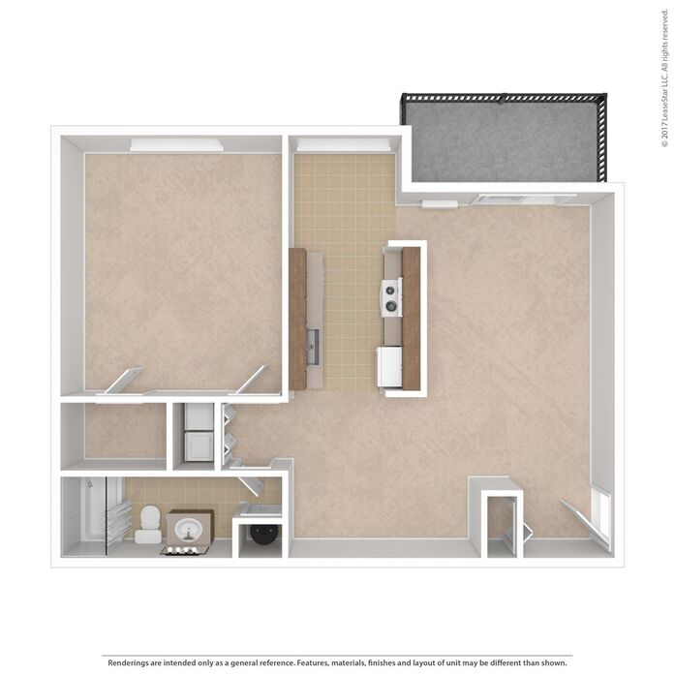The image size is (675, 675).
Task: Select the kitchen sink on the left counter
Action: click(312, 342)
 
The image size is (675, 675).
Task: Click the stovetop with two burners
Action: click(391, 296)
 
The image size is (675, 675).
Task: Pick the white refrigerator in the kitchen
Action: click(390, 366)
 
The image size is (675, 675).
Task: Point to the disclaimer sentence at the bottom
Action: click(337, 662)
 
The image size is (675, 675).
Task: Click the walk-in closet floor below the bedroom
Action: click(124, 431)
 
